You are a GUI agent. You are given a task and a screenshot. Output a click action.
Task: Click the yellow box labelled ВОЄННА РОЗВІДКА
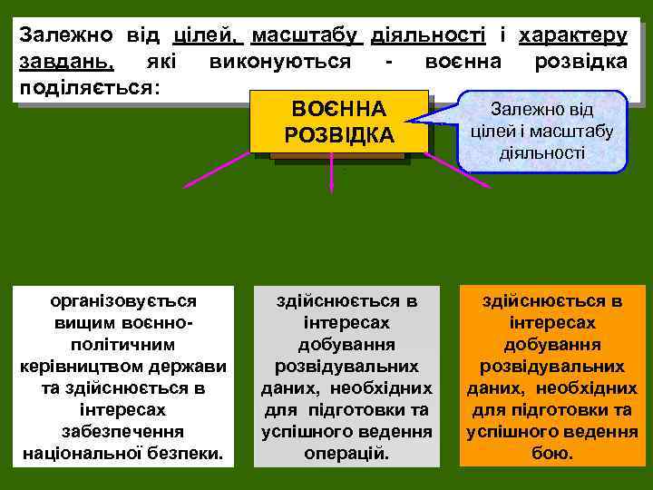tap(339, 122)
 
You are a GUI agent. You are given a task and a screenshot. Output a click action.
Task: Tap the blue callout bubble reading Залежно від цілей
tap(542, 132)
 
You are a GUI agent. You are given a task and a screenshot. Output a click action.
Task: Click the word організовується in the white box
tap(123, 300)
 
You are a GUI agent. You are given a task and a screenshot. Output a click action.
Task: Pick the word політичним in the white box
tap(123, 345)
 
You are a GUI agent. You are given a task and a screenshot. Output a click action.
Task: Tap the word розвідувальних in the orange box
tap(552, 367)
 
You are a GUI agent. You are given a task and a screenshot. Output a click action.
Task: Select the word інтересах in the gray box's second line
tap(347, 322)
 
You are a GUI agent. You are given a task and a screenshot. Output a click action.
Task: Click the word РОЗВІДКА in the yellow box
tap(339, 135)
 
